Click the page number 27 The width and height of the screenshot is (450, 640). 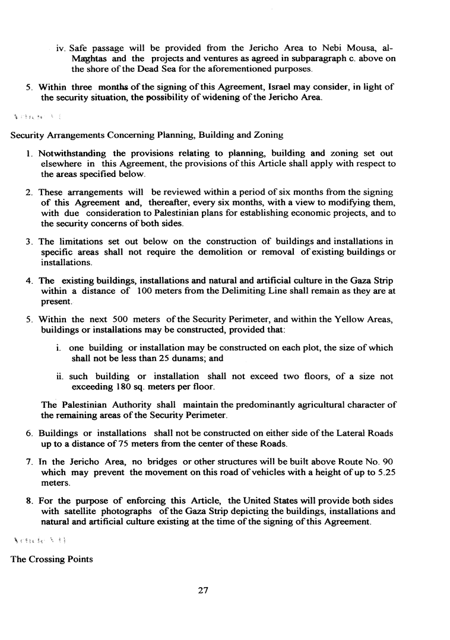(204, 590)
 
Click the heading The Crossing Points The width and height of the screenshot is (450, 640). (52, 559)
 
